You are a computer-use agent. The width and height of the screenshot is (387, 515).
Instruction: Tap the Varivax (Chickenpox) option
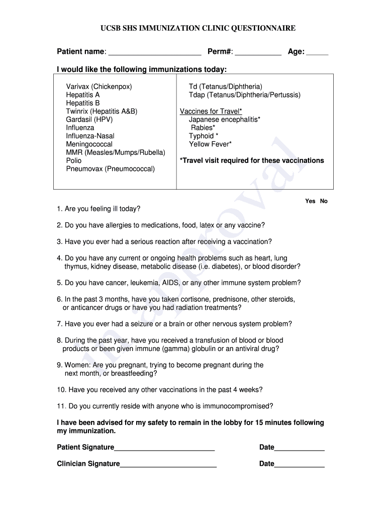(x=99, y=87)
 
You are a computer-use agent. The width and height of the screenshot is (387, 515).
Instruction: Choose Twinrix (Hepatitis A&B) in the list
(x=102, y=111)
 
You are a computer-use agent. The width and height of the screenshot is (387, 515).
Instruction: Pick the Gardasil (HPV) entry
(x=89, y=119)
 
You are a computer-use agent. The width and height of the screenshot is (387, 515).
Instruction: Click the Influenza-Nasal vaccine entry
(x=90, y=136)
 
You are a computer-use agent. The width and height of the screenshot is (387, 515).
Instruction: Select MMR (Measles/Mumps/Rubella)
(x=116, y=152)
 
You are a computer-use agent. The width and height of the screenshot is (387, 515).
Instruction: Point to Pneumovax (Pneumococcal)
(x=111, y=168)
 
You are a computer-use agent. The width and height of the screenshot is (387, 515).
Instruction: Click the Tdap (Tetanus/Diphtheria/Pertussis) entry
(x=245, y=95)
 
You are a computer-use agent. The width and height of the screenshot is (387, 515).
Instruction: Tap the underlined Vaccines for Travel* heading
(x=211, y=111)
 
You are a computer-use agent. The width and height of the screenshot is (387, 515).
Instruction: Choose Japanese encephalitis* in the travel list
(x=225, y=119)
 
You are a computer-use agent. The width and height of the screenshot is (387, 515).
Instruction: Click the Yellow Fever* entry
(x=210, y=144)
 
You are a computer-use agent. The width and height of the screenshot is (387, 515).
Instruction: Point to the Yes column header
(x=310, y=201)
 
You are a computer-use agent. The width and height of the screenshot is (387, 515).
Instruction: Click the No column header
(x=324, y=201)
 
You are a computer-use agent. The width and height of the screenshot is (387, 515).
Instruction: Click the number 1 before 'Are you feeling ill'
(x=59, y=209)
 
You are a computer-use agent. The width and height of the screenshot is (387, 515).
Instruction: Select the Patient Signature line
(x=164, y=448)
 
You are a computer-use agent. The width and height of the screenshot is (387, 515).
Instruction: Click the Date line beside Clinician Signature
(x=300, y=464)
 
